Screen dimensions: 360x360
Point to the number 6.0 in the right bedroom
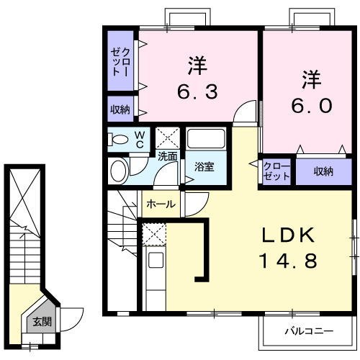(311, 105)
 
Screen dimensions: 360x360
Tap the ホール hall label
(161, 204)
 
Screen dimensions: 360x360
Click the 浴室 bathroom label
(204, 167)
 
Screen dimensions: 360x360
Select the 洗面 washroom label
(168, 155)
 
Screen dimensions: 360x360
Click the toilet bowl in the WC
(121, 138)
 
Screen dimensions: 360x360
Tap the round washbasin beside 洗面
(119, 171)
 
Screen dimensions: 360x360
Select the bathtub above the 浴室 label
(207, 140)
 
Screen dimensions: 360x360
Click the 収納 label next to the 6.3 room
(120, 109)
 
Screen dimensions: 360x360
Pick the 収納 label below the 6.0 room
(323, 171)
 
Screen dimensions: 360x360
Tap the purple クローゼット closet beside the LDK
(276, 171)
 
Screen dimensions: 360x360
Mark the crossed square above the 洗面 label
(169, 137)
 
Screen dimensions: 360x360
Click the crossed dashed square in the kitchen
(153, 234)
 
